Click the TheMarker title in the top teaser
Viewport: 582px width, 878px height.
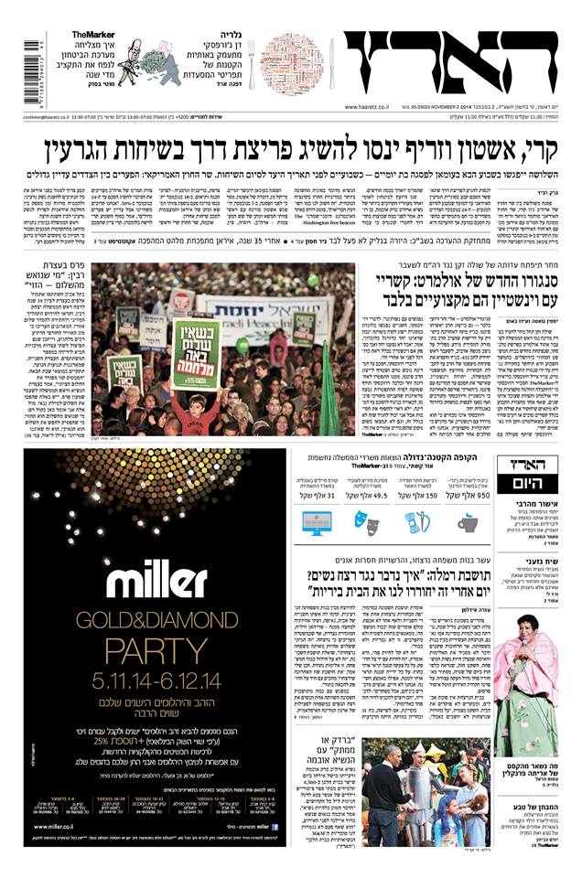point(92,35)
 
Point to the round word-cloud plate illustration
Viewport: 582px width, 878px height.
point(292,64)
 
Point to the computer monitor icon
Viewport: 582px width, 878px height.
point(312,522)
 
